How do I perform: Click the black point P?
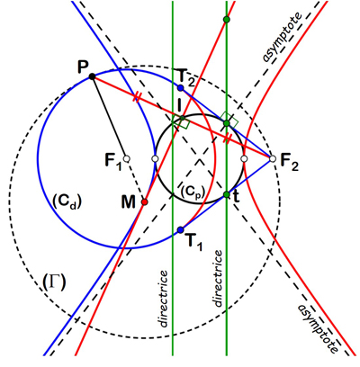(93, 76)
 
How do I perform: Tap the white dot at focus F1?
(127, 158)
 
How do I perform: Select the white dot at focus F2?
(272, 158)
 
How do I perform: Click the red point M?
(145, 201)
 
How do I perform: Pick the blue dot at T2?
(180, 88)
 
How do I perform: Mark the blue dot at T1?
(180, 230)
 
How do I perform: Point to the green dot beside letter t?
(227, 194)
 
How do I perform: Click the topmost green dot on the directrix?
(227, 20)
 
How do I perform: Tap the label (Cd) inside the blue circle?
(67, 201)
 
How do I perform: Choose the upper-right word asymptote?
(282, 37)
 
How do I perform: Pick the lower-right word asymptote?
(319, 328)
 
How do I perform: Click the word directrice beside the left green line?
(163, 299)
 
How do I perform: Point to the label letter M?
(129, 202)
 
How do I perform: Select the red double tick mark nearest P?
(137, 97)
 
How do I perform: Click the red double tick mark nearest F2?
(228, 139)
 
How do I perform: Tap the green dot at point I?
(182, 118)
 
